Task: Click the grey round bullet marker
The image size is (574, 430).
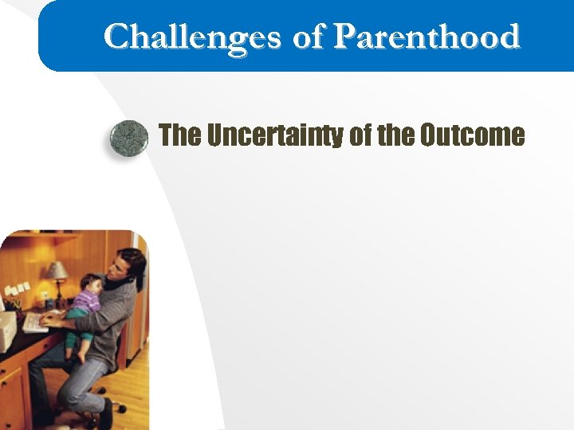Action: coord(128,139)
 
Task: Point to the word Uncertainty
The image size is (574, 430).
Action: coord(275,136)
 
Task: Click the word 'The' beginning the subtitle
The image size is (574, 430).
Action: coord(179,136)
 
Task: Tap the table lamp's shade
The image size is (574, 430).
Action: coord(57,270)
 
